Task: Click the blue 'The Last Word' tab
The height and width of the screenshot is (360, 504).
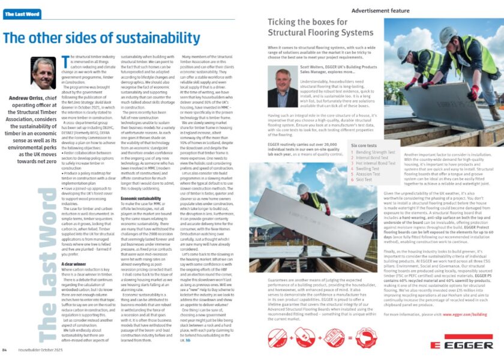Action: [x=22, y=14]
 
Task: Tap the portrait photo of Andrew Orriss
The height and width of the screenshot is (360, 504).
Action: [x=43, y=73]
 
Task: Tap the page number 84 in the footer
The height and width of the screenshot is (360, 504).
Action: [x=5, y=350]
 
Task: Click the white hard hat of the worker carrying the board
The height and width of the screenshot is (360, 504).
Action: [x=303, y=188]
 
